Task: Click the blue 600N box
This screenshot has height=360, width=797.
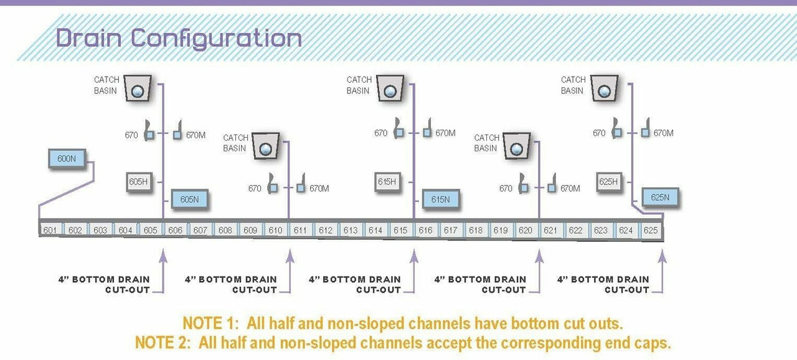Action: pos(67,159)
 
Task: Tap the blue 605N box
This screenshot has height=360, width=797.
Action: pos(189,199)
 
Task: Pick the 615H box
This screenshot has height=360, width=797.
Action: pos(387,182)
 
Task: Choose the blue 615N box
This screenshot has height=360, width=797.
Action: pos(440,199)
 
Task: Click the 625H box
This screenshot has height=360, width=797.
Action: pos(608,182)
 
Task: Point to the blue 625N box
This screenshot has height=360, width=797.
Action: pos(660,197)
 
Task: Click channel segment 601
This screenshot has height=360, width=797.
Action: pos(50,230)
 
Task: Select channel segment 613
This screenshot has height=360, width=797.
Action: pos(351,230)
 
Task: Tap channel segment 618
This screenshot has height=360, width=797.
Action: pos(476,230)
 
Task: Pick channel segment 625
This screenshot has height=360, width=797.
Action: pos(651,230)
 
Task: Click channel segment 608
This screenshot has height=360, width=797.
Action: pos(225,230)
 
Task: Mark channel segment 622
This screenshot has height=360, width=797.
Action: pos(576,230)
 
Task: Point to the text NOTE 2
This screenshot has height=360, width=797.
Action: pos(164,343)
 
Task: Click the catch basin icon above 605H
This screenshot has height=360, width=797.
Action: pos(138,88)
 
